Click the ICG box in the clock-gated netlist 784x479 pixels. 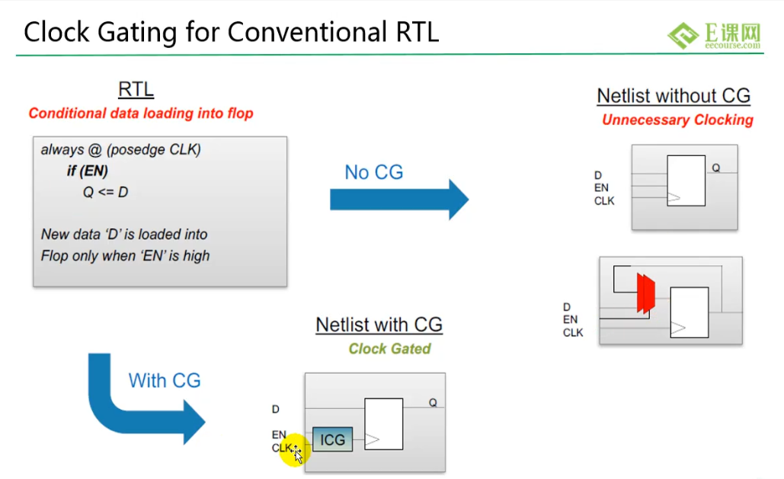click(x=332, y=439)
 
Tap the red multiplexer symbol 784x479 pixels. click(x=645, y=293)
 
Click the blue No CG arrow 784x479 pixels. click(x=399, y=200)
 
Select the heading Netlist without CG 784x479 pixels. click(x=674, y=95)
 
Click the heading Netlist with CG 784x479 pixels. click(x=379, y=324)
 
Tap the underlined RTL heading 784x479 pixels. click(x=136, y=89)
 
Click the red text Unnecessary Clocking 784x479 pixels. click(x=677, y=120)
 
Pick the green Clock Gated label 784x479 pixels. click(x=389, y=349)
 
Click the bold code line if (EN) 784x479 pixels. click(x=88, y=171)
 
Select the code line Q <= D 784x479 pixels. click(x=105, y=192)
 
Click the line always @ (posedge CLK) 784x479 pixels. click(x=121, y=149)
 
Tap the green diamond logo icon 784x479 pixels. click(x=683, y=35)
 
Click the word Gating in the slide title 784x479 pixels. click(x=137, y=32)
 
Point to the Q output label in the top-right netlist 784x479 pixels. click(x=716, y=168)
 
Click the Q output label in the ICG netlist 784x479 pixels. click(x=433, y=403)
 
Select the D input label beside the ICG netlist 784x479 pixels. click(x=276, y=409)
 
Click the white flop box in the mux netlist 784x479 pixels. click(x=689, y=312)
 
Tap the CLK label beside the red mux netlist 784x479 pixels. click(x=573, y=333)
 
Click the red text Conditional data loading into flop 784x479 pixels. click(x=141, y=113)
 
